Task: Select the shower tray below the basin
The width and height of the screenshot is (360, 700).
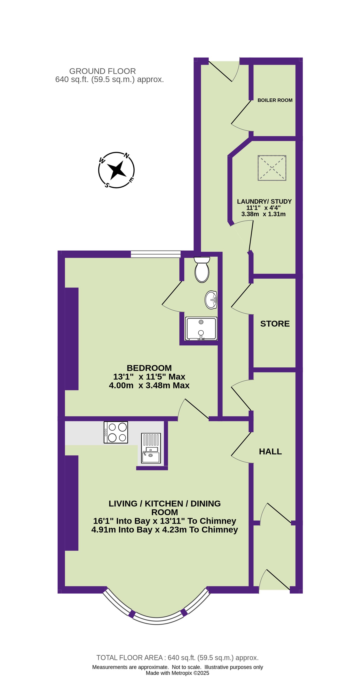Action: [201, 328]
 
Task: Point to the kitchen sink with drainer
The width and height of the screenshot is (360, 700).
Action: [151, 448]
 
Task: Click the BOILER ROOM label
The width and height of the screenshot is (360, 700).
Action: [275, 100]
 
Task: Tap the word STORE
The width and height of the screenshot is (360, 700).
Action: [275, 324]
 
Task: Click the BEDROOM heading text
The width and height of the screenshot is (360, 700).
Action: [149, 368]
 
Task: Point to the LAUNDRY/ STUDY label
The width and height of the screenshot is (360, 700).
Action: [264, 201]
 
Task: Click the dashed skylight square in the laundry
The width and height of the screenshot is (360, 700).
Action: [272, 168]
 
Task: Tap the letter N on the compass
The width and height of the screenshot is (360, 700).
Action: [126, 156]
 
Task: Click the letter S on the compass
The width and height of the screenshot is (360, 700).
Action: [107, 185]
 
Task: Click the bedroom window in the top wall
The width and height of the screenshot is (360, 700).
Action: [156, 254]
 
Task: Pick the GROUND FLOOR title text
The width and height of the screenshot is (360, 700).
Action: [102, 71]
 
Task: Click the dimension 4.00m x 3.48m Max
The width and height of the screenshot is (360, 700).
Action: [149, 385]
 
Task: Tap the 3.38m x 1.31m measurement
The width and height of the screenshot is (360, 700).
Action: [263, 214]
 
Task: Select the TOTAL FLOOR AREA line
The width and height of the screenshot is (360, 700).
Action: [177, 658]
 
